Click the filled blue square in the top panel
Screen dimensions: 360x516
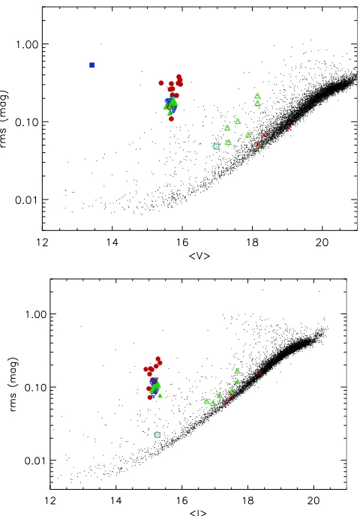point(91,65)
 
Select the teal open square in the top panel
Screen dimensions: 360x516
point(216,146)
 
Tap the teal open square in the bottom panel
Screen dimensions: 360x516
point(157,435)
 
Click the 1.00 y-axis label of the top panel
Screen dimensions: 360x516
point(27,44)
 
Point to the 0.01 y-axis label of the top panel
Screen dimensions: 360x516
point(27,199)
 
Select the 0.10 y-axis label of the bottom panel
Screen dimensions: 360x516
point(35,387)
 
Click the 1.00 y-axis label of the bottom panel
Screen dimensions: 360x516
point(35,314)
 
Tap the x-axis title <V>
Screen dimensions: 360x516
point(199,256)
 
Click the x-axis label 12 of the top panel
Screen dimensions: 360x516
point(43,242)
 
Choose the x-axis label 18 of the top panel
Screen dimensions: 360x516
point(252,242)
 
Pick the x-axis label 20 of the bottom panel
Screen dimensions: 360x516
point(313,500)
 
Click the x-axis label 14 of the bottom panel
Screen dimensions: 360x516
point(115,500)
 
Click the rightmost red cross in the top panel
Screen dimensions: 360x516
point(289,128)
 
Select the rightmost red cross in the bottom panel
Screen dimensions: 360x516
point(260,373)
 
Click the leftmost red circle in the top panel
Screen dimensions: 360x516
point(161,83)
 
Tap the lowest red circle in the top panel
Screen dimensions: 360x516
point(171,118)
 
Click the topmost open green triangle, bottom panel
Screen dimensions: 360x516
point(237,371)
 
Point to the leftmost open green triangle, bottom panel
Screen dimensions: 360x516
point(207,401)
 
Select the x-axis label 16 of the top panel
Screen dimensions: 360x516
point(182,242)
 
